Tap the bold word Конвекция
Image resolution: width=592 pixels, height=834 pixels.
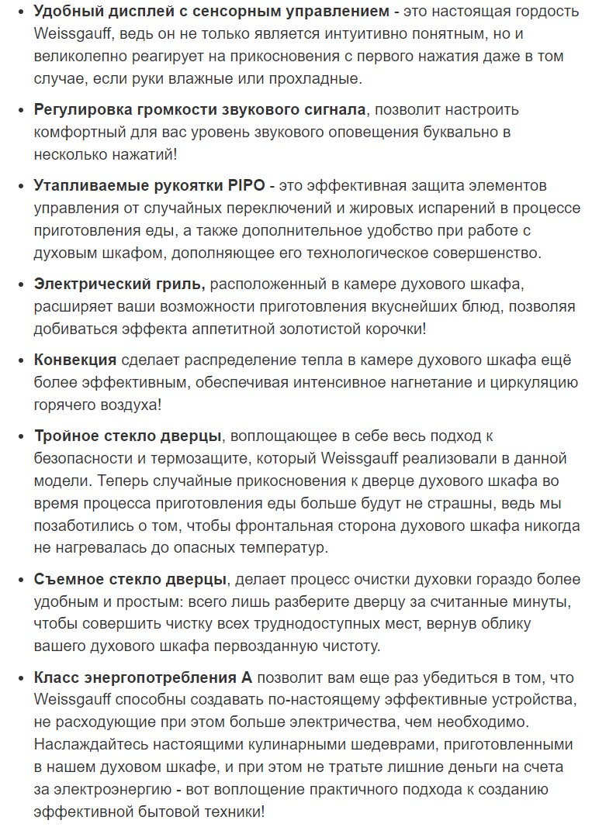[75, 360]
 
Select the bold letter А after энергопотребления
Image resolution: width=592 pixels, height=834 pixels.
[248, 677]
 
